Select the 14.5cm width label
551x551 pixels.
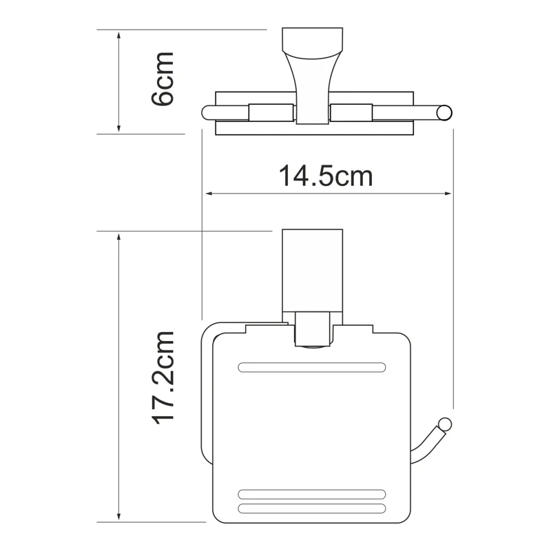coord(325,176)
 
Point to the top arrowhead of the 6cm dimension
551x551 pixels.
coord(120,34)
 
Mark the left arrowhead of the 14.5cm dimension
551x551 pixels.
coord(206,194)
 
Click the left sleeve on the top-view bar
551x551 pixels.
coord(272,112)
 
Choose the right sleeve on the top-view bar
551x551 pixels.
coord(351,112)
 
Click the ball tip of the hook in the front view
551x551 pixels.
coord(445,424)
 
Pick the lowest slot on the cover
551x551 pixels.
coord(311,509)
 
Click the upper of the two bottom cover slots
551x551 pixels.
coord(311,494)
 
